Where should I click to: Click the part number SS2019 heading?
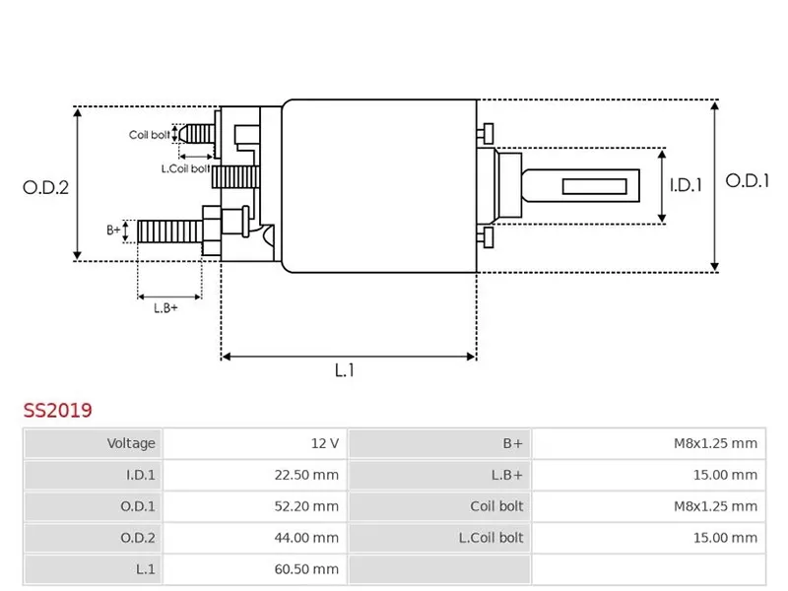pos(58,408)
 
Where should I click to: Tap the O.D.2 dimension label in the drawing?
pos(45,187)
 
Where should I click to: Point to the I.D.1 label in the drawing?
pos(686,184)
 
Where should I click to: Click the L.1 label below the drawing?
pos(344,370)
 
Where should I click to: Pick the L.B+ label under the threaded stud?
pos(165,307)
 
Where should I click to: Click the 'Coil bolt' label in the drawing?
pos(150,135)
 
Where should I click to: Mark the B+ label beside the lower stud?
pos(113,230)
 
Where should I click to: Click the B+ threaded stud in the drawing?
pos(169,232)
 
